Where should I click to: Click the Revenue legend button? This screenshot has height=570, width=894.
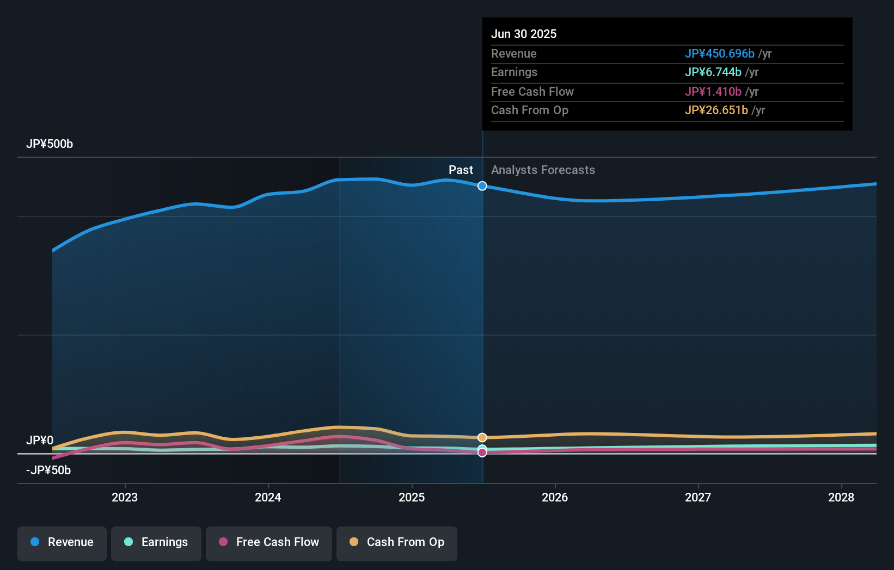(x=62, y=542)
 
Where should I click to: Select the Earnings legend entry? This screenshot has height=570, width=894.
(x=156, y=542)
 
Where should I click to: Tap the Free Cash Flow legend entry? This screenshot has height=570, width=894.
(x=269, y=542)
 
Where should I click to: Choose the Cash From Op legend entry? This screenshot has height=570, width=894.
(x=397, y=542)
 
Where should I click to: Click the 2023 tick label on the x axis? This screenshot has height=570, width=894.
(x=125, y=497)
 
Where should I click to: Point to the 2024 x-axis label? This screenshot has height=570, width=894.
(x=268, y=497)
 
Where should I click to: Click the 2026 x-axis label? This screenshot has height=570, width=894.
(x=555, y=497)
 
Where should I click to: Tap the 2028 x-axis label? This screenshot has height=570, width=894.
(x=841, y=497)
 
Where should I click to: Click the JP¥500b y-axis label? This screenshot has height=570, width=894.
(x=50, y=144)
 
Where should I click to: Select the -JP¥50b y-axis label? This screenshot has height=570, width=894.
(x=48, y=470)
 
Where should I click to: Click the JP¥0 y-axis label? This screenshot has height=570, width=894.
(x=40, y=441)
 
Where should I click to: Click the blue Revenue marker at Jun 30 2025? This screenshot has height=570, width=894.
(x=482, y=186)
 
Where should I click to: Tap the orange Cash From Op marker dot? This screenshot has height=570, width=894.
(x=482, y=437)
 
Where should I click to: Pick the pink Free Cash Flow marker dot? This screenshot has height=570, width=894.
(x=482, y=453)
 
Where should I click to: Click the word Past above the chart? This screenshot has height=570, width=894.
(x=461, y=170)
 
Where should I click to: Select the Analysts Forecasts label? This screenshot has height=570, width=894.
(x=543, y=170)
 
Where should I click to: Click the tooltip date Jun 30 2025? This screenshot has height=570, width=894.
(x=524, y=34)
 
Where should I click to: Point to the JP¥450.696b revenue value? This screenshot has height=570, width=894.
(x=719, y=54)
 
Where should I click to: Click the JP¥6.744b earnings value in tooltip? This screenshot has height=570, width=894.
(x=713, y=72)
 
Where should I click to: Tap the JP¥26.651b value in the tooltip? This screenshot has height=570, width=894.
(x=716, y=110)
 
